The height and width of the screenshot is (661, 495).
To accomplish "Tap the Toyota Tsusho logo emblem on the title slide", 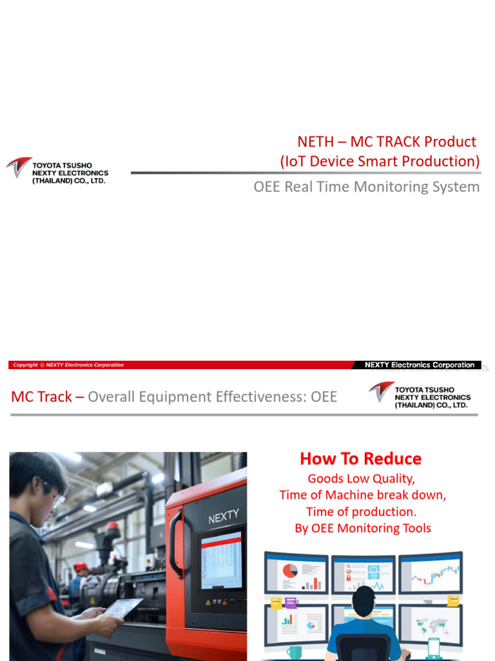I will (19, 167).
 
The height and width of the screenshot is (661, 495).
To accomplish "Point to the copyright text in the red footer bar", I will (68, 365).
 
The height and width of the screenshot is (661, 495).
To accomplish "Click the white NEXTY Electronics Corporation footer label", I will (419, 365).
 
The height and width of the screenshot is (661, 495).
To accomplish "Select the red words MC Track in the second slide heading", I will (41, 396).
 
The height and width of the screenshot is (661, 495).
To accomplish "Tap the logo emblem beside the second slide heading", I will (381, 391).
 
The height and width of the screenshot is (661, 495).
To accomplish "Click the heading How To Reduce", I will (360, 459).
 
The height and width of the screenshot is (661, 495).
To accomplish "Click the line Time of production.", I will (360, 512).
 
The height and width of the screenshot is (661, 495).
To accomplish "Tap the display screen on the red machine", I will (221, 561).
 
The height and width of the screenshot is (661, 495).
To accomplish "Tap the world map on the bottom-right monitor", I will (429, 625).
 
